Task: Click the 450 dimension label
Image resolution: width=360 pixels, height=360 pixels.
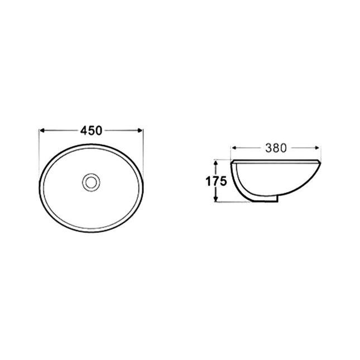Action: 91,131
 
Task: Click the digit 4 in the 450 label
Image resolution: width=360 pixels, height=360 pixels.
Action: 84,131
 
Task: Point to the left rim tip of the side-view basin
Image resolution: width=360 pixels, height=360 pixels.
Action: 233,162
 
